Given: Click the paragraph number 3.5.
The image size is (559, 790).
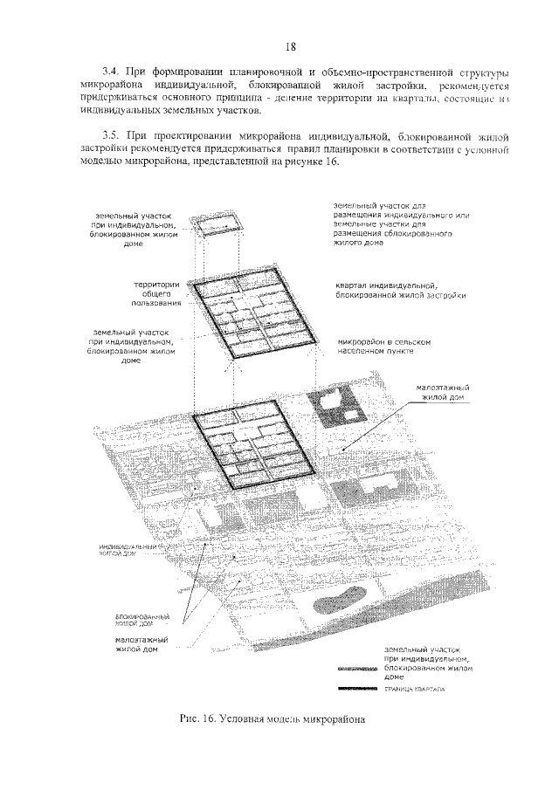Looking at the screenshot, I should (x=109, y=137).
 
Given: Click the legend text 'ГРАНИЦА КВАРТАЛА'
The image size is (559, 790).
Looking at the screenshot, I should (x=413, y=690).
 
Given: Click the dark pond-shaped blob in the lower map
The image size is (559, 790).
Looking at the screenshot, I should (x=339, y=602).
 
